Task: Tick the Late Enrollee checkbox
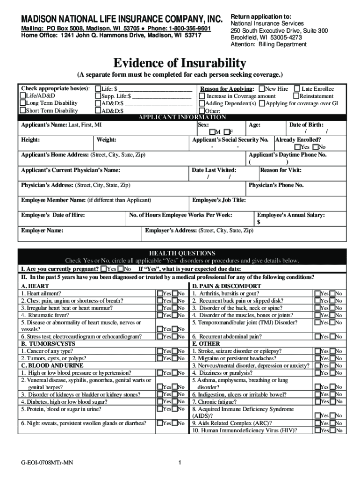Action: click(296, 88)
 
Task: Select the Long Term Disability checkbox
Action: click(23, 103)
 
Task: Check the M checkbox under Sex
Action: click(212, 132)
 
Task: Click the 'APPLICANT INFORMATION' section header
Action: click(182, 117)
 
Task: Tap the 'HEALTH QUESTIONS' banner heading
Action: click(182, 253)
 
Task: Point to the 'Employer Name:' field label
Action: click(42, 231)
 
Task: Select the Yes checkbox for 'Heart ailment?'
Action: click(160, 293)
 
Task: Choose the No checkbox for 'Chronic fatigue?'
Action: click(332, 401)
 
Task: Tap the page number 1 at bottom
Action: click(180, 463)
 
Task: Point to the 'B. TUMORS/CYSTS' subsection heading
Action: click(48, 343)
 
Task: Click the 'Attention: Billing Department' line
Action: click(268, 44)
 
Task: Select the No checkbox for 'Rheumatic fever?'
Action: click(175, 315)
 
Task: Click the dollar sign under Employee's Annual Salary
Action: click(259, 222)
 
